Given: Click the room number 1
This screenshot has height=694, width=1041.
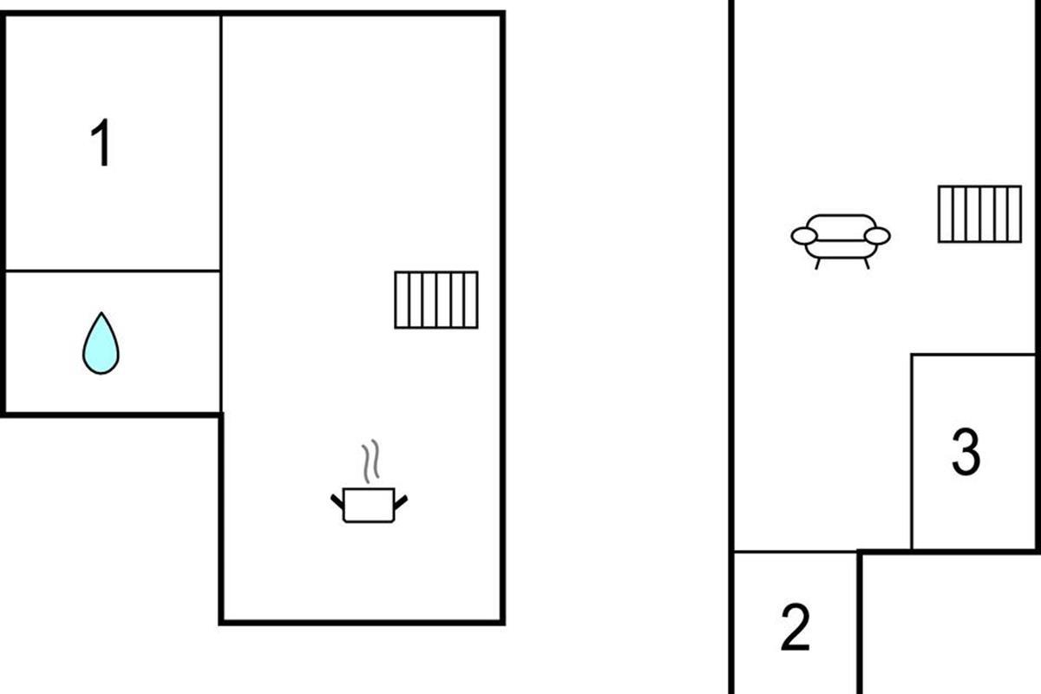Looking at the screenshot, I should (101, 144).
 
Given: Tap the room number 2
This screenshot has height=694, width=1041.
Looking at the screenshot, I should (795, 627).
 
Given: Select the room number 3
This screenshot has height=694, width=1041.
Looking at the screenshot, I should (966, 452).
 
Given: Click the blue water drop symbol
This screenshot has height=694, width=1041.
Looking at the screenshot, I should (101, 344).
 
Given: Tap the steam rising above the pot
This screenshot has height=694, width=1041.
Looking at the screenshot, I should (370, 462).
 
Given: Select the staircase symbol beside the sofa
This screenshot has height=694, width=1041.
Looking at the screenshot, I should (979, 213).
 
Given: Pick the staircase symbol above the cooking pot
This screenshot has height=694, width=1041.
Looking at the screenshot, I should (436, 300).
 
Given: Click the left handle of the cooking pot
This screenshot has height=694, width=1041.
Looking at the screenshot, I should (337, 501).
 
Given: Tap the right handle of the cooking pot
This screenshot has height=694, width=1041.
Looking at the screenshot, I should (401, 501).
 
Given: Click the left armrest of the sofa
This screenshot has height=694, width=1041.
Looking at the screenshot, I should (804, 236).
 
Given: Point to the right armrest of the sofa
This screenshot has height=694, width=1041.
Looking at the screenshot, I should (877, 236).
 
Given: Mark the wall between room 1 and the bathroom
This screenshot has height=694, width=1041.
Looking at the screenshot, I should (113, 271).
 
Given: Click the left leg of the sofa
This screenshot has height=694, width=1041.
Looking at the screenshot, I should (817, 263).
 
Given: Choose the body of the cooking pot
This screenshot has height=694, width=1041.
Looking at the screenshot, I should (370, 506).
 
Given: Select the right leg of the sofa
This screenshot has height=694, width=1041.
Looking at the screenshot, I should (865, 263).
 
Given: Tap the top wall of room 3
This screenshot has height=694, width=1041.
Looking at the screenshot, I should (972, 354).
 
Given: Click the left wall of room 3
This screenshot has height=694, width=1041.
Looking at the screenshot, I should (912, 451).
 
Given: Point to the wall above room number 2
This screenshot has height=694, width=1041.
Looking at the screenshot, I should (795, 552).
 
